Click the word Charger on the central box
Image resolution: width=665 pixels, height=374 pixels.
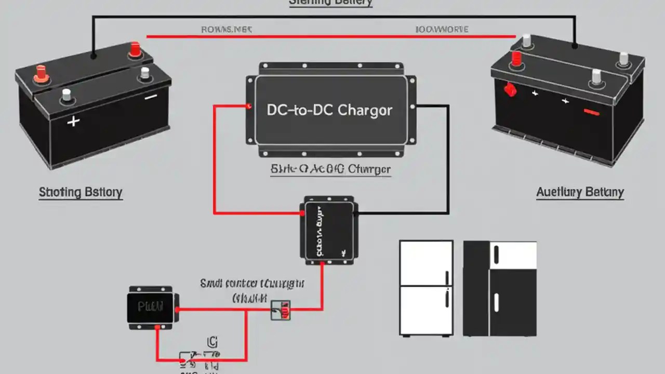click(365, 110)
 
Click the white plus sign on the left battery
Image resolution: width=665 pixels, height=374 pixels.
click(74, 122)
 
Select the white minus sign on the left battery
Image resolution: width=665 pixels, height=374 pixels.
click(151, 97)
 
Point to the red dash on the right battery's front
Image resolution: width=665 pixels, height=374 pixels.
click(591, 111)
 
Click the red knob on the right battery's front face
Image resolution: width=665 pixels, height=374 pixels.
click(510, 91)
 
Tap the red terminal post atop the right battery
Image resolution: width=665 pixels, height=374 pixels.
click(516, 59)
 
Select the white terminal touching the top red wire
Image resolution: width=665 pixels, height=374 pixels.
click(527, 41)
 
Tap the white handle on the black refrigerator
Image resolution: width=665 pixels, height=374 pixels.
click(496, 301)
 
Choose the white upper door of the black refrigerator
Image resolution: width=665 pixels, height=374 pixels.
click(513, 255)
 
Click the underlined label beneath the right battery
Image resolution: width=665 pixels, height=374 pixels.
click(580, 193)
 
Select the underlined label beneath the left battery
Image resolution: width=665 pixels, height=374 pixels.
click(81, 193)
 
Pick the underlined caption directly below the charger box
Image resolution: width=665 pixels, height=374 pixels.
click(330, 170)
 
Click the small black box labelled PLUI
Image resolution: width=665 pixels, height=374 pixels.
click(150, 306)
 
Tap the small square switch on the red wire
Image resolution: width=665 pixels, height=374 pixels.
click(281, 310)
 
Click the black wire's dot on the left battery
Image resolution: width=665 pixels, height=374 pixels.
click(94, 55)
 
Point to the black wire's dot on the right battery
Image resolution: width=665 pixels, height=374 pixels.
click(575, 46)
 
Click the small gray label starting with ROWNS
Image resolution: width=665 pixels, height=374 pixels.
click(226, 30)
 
